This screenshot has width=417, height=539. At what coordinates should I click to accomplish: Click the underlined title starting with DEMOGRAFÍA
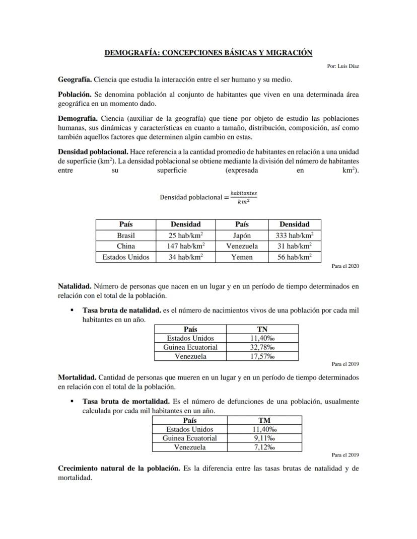pos(208,53)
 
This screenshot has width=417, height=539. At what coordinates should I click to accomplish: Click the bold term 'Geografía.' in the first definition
pos(75,80)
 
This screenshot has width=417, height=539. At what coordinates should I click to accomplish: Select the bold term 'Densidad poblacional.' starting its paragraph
pos(93,151)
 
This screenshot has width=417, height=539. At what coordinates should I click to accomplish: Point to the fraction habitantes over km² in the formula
pos(243,197)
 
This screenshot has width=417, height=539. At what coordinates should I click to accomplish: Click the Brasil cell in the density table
pos(126,235)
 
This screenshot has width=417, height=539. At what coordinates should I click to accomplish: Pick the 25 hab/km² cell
pos(185,235)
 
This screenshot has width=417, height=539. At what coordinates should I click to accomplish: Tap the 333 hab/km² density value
pos(295,235)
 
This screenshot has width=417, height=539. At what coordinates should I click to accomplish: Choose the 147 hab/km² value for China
pos(185,246)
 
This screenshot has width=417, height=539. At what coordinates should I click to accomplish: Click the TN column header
pos(262,329)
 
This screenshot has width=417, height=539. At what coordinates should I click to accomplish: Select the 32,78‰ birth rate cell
pos(262,347)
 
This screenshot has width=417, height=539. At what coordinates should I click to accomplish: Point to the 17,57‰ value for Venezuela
pos(262,356)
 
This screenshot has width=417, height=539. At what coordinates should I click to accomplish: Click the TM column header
pos(264,420)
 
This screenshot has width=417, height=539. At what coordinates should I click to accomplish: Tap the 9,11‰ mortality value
pos(264,438)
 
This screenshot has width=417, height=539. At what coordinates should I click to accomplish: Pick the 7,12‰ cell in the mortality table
pos(264,447)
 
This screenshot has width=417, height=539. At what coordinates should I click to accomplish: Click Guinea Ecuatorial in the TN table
pos(190,347)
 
